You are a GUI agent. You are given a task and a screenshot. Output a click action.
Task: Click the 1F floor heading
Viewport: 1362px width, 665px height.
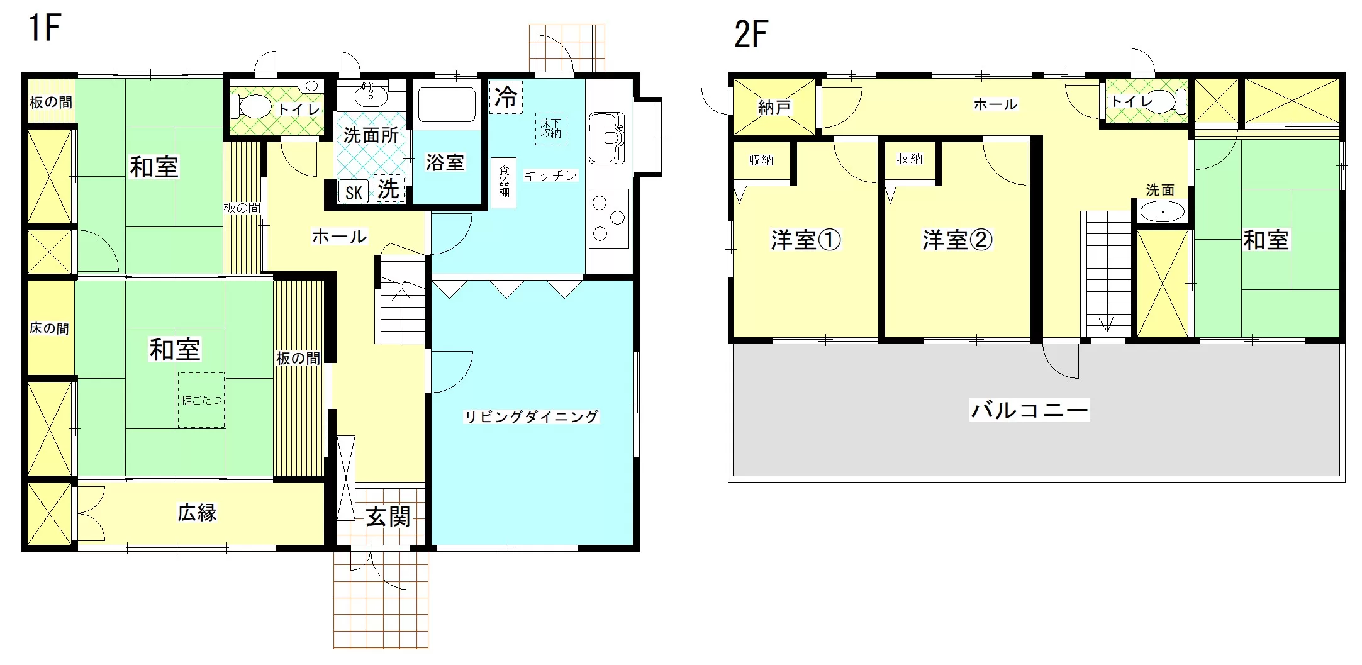[x=44, y=28]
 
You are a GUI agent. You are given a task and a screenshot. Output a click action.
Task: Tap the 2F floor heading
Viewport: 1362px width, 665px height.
[x=752, y=34]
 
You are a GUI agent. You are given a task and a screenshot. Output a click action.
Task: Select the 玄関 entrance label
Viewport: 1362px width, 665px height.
[x=389, y=517]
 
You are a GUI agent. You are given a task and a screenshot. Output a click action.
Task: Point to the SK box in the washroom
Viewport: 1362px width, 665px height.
[x=354, y=192]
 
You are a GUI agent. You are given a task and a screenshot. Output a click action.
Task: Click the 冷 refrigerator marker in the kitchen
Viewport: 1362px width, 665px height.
[x=506, y=97]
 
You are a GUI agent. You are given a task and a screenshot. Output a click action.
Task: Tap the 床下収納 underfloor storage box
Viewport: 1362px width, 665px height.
[x=550, y=129]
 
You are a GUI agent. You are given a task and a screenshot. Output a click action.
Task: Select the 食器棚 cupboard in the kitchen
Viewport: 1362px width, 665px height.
[x=504, y=182]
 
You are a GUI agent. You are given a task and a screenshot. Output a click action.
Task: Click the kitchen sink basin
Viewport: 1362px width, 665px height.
[x=606, y=137]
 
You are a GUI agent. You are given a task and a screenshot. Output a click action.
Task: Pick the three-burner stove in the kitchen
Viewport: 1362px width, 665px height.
[x=609, y=218]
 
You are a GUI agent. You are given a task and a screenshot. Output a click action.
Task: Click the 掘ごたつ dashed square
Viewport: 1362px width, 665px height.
[x=201, y=400]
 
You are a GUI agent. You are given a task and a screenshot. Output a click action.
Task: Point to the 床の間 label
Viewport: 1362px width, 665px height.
[x=49, y=328]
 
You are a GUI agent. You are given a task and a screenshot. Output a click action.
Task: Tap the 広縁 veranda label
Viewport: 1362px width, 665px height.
[x=197, y=513]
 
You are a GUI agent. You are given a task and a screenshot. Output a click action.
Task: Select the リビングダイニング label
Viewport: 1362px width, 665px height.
[x=532, y=416]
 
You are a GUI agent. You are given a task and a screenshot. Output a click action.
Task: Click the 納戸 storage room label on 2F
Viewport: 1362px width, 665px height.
[x=774, y=108]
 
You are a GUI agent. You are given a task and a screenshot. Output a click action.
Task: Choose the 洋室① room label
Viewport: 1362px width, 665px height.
[x=806, y=240]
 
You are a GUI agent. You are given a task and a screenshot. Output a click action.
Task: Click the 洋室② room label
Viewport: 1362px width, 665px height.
[x=957, y=240]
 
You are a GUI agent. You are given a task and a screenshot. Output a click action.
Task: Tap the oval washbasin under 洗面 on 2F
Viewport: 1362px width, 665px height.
[x=1163, y=212]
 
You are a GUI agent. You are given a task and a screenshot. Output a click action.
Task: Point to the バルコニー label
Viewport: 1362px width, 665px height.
[x=1029, y=411]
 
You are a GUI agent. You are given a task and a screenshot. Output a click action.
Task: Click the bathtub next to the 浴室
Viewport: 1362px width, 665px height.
[x=447, y=104]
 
